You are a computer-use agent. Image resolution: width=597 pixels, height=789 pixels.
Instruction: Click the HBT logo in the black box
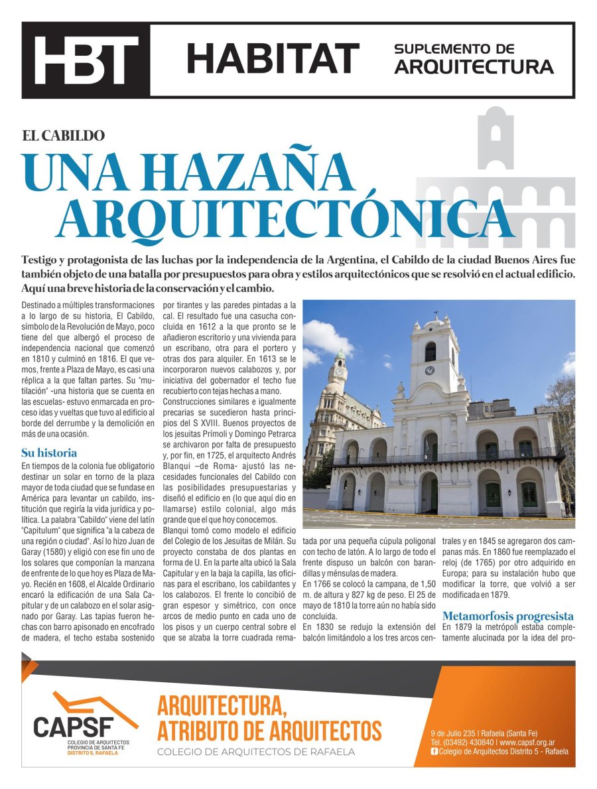point(86,60)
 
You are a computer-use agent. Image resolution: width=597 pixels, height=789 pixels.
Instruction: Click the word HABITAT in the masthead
point(272,59)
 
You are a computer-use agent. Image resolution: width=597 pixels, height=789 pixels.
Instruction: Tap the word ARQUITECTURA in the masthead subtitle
point(474,67)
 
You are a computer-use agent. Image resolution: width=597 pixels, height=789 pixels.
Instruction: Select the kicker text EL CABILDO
point(64,136)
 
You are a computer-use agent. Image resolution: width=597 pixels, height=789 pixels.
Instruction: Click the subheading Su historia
point(49,453)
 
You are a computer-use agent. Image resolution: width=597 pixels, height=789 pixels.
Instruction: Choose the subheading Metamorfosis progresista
point(507,616)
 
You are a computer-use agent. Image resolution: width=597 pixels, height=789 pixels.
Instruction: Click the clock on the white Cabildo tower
point(429,370)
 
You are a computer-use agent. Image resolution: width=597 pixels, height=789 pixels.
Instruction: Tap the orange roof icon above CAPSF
point(93,703)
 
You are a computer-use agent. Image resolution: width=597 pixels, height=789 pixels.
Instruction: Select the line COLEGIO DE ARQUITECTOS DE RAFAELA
point(256,752)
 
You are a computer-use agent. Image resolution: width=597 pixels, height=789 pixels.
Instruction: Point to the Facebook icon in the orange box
point(434,751)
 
